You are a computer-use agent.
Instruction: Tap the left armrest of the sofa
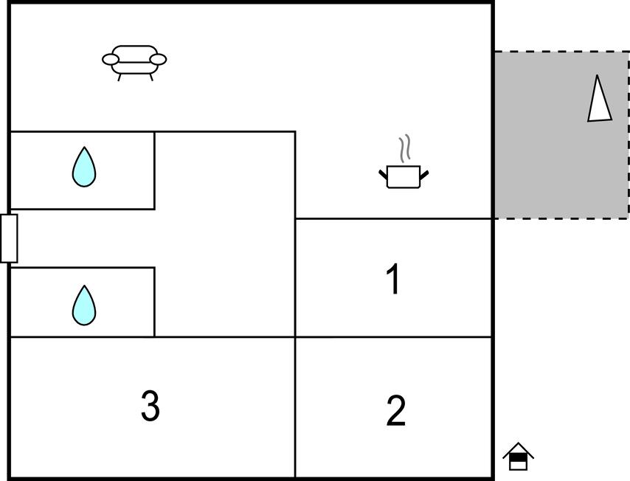point(111,60)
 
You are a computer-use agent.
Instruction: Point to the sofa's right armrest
point(158,60)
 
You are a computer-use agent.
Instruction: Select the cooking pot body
point(404,177)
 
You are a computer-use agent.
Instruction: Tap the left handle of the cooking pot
point(383,175)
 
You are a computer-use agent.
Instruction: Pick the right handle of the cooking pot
point(424,175)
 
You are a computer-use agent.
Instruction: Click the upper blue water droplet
point(84,167)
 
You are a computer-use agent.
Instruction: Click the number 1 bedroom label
point(393,279)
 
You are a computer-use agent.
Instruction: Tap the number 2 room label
point(395,410)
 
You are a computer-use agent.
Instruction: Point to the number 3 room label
point(150,406)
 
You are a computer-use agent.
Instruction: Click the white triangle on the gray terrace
point(600,100)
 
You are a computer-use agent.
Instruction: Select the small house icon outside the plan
point(519,457)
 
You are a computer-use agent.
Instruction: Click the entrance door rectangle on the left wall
point(9,238)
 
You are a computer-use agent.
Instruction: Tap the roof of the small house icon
point(519,450)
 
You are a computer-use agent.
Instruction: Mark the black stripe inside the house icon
point(519,457)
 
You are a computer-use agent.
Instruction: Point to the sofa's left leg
point(120,77)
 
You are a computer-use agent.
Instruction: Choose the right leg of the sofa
point(151,77)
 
